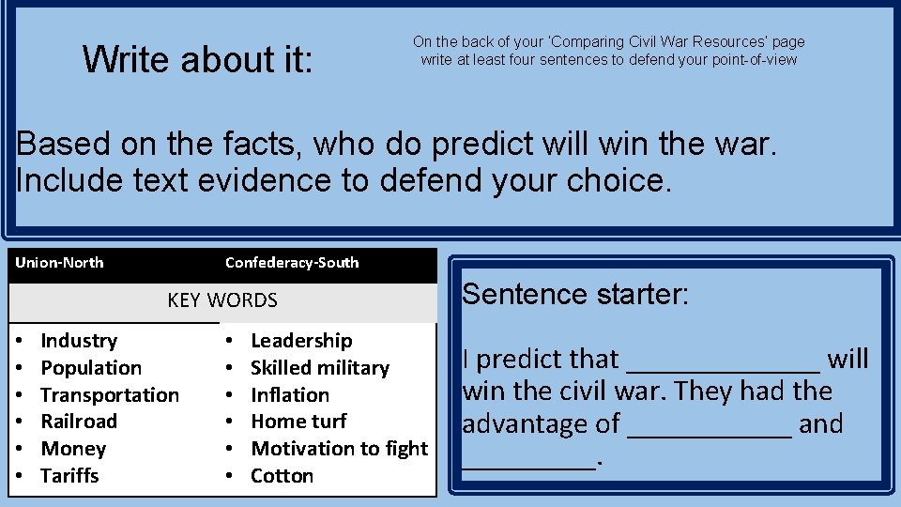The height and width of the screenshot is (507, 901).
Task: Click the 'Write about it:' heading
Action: pos(197,59)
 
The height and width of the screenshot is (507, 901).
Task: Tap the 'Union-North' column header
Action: pos(59,263)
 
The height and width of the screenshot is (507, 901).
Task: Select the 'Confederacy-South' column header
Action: pos(292,263)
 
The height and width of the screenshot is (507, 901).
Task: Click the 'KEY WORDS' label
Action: pos(222,300)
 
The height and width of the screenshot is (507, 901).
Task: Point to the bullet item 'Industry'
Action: pos(79,341)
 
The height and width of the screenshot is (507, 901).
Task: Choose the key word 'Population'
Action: pos(91,368)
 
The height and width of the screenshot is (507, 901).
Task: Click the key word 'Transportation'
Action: pos(110,395)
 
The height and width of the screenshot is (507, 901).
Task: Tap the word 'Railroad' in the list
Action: pos(79,422)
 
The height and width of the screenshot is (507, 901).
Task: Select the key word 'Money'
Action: pos(73,449)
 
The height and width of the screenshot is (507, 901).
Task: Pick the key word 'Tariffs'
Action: pos(69,476)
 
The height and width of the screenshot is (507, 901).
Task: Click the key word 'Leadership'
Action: pos(301,341)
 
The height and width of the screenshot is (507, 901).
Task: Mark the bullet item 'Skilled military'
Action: pos(320,368)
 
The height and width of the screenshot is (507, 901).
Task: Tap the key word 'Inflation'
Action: pos(290,395)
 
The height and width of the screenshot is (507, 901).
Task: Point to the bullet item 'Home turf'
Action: pos(298,422)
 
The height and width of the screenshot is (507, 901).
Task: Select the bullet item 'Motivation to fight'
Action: pos(339,449)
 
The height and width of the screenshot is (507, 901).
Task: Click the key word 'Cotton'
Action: pos(282,476)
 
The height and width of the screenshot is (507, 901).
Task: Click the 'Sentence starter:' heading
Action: pos(575,295)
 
